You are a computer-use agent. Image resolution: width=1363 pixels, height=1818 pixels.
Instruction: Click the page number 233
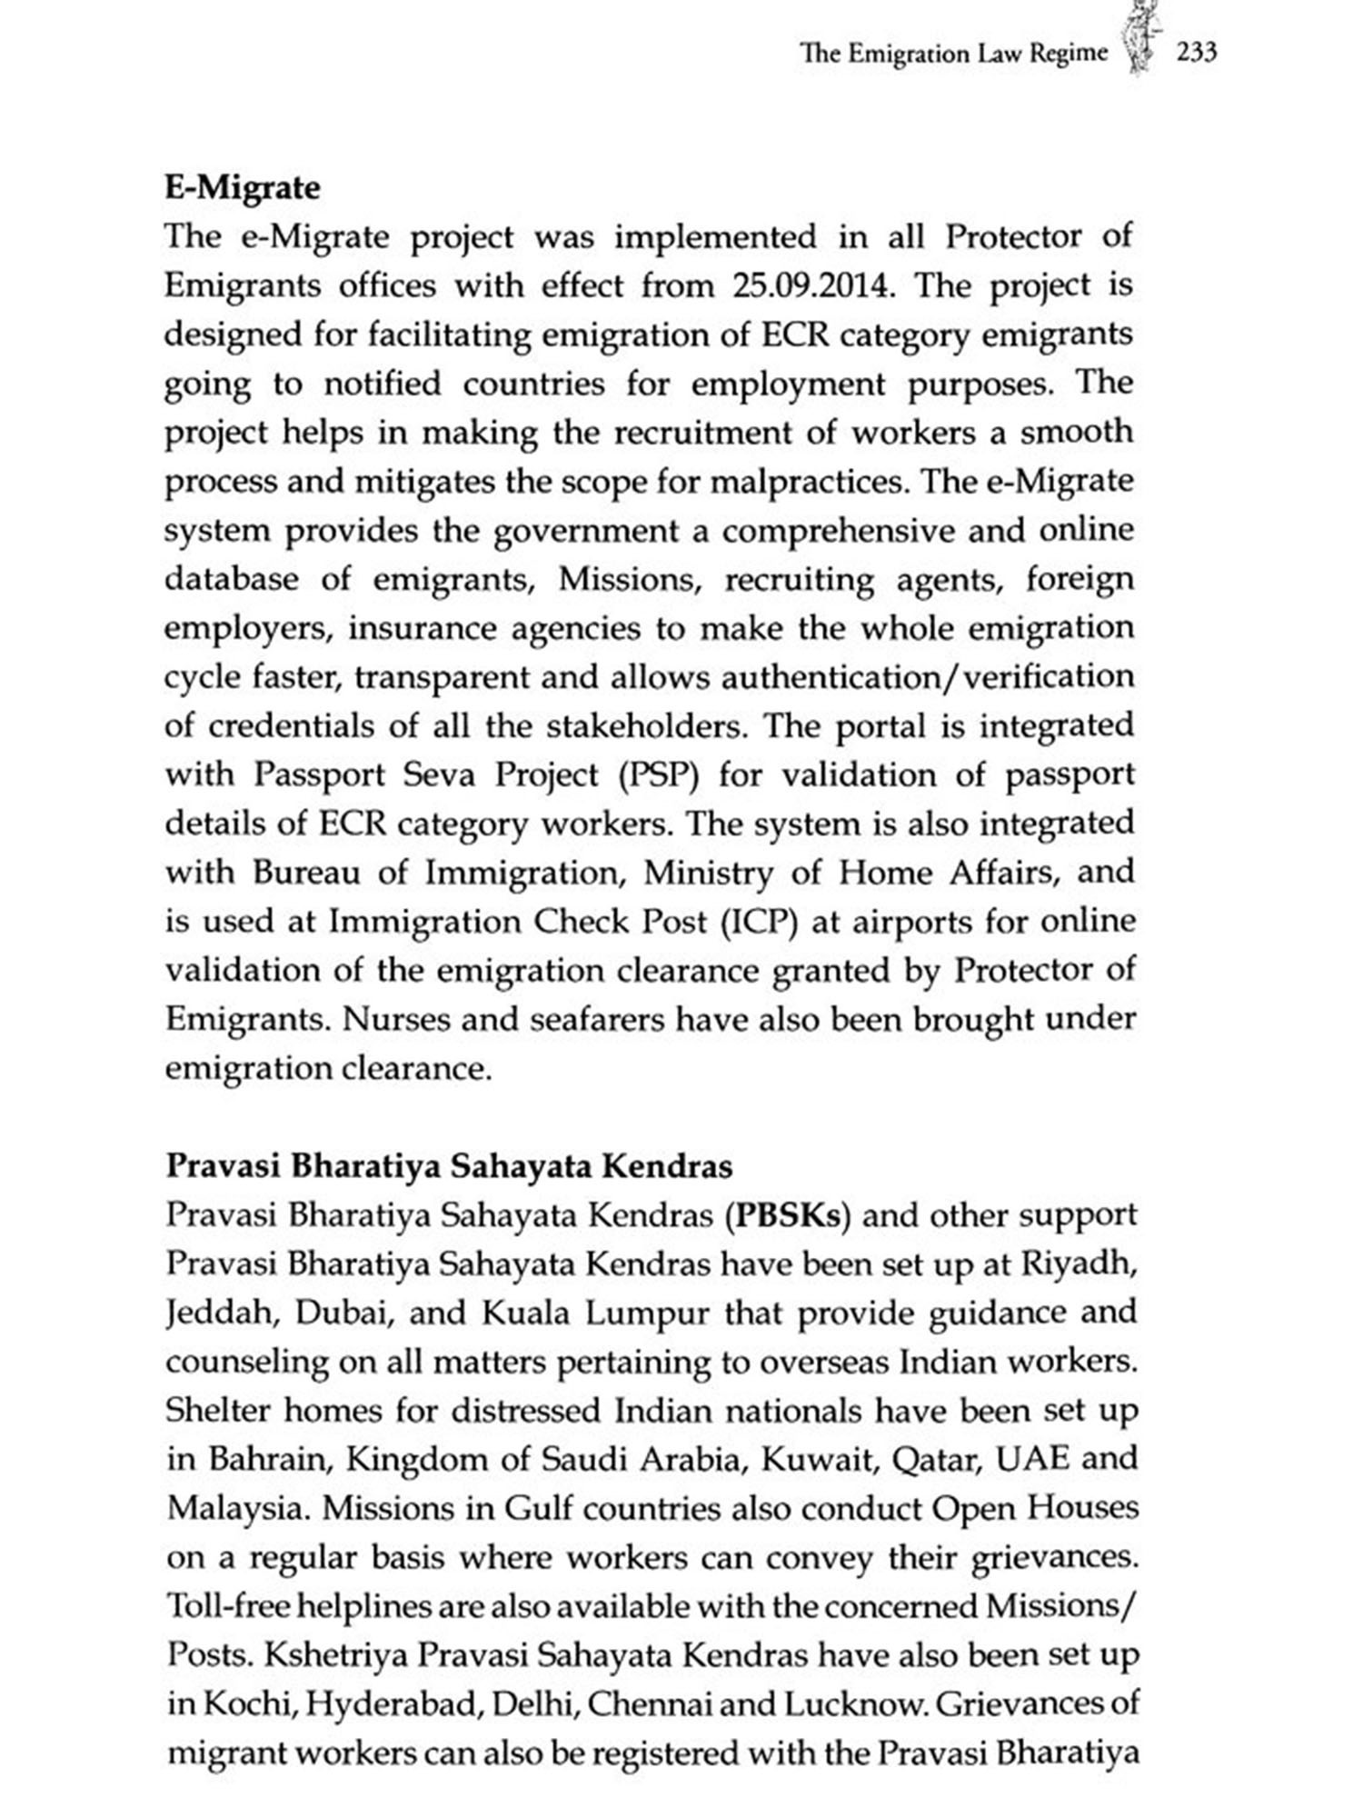click(1196, 53)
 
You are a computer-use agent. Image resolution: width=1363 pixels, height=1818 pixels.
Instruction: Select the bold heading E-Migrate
click(243, 188)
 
